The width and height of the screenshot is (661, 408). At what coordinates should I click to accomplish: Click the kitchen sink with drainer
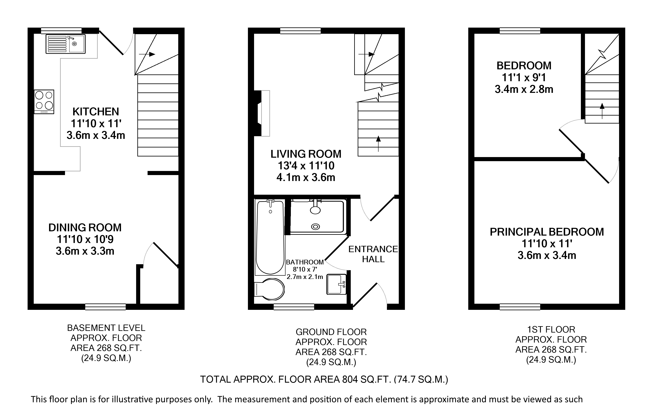coord(66,44)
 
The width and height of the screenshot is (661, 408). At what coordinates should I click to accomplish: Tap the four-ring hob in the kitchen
coord(44,102)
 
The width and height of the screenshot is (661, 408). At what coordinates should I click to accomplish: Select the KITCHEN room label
coord(96,111)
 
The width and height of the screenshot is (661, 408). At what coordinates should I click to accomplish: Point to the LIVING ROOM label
coord(306,154)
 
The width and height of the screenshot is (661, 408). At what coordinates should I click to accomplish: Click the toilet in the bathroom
coord(269,289)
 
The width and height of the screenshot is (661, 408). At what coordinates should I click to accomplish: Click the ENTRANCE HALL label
coord(373,254)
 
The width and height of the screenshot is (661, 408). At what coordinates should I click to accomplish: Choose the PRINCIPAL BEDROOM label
coord(547,232)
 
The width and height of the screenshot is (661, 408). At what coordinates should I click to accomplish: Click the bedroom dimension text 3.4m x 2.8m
coord(524,89)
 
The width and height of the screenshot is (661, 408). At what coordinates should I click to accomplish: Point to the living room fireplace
coord(262,113)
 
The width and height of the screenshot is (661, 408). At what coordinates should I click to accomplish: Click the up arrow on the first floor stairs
coord(602,111)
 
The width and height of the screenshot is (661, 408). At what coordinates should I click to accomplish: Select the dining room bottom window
coord(105,307)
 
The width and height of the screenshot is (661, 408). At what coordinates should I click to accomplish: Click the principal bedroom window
coord(520,307)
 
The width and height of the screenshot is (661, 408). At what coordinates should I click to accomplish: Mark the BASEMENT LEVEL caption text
coord(106,328)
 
